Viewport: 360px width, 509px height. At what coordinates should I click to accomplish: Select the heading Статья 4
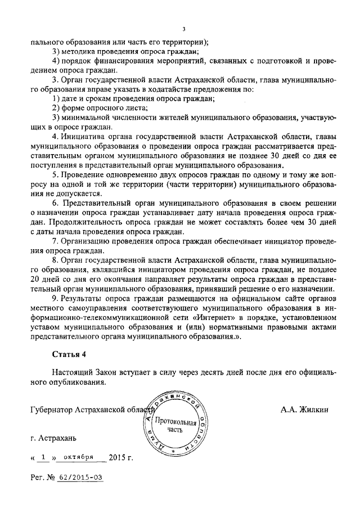pyautogui.click(x=70, y=354)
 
